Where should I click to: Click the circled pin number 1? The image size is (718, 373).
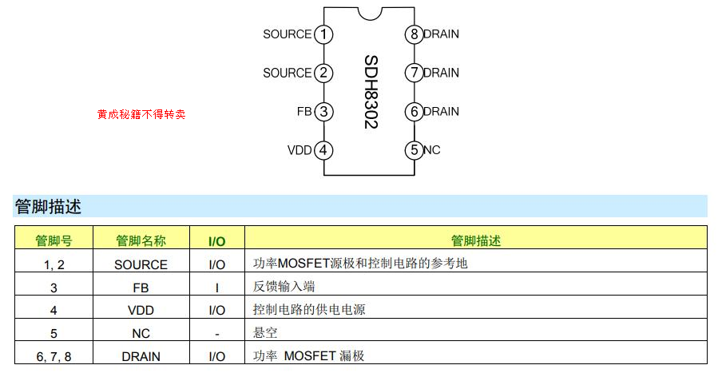pyautogui.click(x=323, y=34)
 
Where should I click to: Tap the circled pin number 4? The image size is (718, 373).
pyautogui.click(x=323, y=150)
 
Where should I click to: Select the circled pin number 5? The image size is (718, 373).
pyautogui.click(x=413, y=150)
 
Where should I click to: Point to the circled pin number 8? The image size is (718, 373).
pyautogui.click(x=413, y=34)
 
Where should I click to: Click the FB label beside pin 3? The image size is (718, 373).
pyautogui.click(x=303, y=112)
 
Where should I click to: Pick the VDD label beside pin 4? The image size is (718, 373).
pyautogui.click(x=299, y=150)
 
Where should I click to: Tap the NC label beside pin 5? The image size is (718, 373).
pyautogui.click(x=431, y=150)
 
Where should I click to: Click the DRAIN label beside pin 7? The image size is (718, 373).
pyautogui.click(x=441, y=73)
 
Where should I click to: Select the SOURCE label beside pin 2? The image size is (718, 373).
pyautogui.click(x=287, y=73)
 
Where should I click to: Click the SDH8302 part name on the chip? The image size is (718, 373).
pyautogui.click(x=370, y=92)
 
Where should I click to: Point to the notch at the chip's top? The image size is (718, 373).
pyautogui.click(x=368, y=13)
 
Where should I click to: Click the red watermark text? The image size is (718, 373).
pyautogui.click(x=141, y=114)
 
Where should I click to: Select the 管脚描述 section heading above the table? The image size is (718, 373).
pyautogui.click(x=48, y=207)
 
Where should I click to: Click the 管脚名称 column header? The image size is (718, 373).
pyautogui.click(x=141, y=240)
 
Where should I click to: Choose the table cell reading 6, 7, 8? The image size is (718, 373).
pyautogui.click(x=54, y=356)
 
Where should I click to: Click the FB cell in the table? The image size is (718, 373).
pyautogui.click(x=141, y=287)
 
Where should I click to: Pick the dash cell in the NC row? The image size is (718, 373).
pyautogui.click(x=216, y=333)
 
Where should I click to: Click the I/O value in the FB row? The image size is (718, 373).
pyautogui.click(x=216, y=287)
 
